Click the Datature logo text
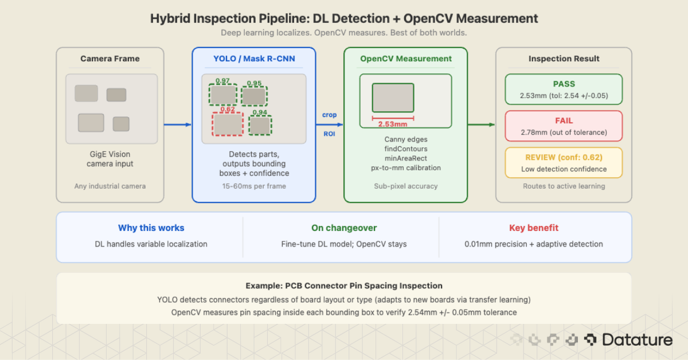coord(636,340)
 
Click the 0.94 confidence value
coord(260,113)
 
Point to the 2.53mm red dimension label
coord(392,124)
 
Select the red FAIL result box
coord(564,126)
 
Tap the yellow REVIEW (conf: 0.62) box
coord(564,162)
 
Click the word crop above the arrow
coord(329,115)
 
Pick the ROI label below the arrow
coord(329,135)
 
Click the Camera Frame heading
coord(110,58)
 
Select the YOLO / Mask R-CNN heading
coord(253,58)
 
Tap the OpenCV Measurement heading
coord(405,58)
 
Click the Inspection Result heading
coord(564,58)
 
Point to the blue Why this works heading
coord(151,228)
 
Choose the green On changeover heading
coord(344,228)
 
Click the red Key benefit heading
coord(533,228)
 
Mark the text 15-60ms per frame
coord(253,186)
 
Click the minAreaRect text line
coord(405,158)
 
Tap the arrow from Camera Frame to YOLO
coord(177,124)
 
